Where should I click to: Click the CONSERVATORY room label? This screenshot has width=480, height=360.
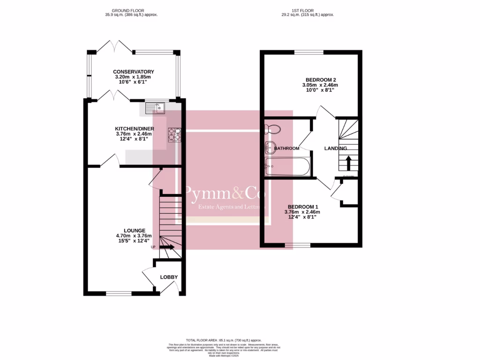coord(134,72)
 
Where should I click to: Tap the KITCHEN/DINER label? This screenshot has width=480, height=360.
coord(135,128)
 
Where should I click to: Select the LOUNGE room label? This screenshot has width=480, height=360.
coord(134,230)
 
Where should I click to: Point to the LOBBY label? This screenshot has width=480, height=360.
coord(169,277)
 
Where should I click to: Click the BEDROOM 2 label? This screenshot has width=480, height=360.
coord(319,80)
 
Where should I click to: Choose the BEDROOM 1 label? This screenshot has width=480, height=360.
coord(303,207)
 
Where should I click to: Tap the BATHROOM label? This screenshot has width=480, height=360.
coord(286,149)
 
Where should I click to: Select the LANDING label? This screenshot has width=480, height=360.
coord(336,149)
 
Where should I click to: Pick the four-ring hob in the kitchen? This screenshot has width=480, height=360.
coord(175,135)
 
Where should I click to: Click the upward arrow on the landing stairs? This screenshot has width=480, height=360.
coord(348,163)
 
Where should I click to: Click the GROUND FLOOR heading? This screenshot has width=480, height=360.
coord(128,10)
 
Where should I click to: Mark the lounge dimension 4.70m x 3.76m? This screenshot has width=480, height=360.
coord(134,236)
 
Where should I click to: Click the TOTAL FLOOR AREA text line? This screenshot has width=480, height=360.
coord(223,340)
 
